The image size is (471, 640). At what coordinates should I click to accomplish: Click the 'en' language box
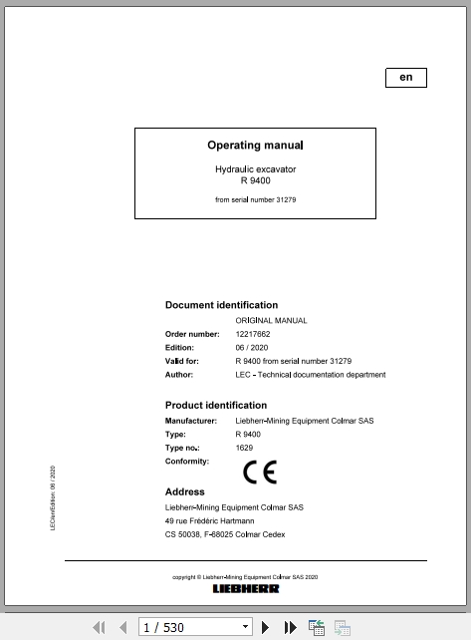[405, 78]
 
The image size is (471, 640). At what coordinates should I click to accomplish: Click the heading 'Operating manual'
[255, 146]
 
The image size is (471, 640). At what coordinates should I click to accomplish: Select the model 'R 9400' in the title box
[255, 180]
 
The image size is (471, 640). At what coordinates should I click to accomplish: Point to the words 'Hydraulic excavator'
[255, 169]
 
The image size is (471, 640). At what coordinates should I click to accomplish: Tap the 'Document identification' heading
[221, 305]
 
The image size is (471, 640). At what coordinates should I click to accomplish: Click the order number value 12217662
[254, 333]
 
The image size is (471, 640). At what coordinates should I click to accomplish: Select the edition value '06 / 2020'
[253, 347]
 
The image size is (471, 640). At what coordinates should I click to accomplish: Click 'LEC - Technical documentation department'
[310, 375]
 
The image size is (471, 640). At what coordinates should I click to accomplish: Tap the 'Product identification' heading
[215, 406]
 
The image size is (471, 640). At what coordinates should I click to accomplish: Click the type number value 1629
[244, 449]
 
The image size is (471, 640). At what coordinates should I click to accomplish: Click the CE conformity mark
[260, 472]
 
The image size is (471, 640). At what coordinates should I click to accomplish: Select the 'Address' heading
[184, 492]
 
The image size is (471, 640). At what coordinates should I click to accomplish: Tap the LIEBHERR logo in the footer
[246, 589]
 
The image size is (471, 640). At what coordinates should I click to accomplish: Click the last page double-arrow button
[291, 627]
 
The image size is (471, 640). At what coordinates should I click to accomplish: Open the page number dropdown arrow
[246, 627]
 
